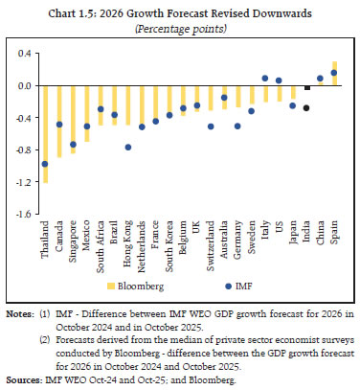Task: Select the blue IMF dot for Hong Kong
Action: point(127,148)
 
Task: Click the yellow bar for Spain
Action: point(334,73)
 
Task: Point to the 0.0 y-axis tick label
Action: point(22,85)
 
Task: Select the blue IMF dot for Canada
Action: point(58,125)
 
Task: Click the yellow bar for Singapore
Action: point(73,120)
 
